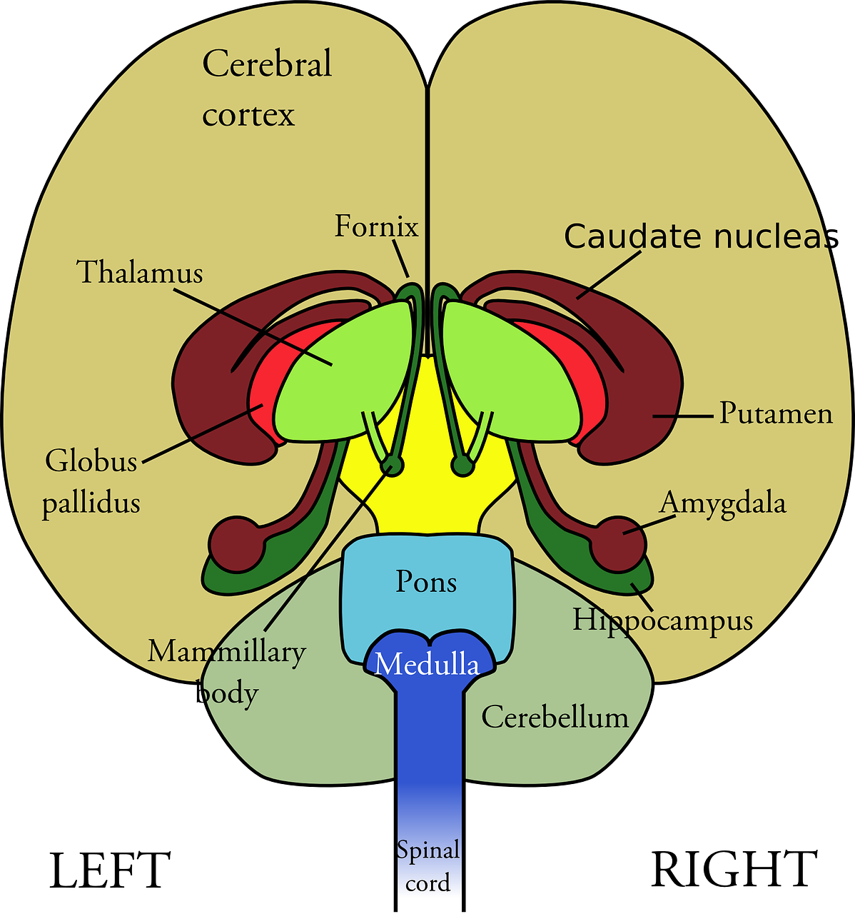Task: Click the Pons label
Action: (426, 582)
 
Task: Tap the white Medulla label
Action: (427, 665)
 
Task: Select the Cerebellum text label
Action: (555, 717)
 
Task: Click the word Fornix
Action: (376, 227)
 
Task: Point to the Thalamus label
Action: (140, 273)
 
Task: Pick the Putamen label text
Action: (775, 413)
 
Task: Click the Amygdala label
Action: (722, 503)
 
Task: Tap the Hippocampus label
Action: (662, 620)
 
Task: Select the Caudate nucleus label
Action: (696, 236)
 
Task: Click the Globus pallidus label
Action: (91, 482)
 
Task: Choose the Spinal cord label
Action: (428, 867)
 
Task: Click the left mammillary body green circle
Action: (393, 466)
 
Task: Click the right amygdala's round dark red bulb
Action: (618, 544)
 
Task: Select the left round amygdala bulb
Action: (236, 544)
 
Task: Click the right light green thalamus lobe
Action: (510, 371)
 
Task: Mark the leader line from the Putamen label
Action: (683, 415)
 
